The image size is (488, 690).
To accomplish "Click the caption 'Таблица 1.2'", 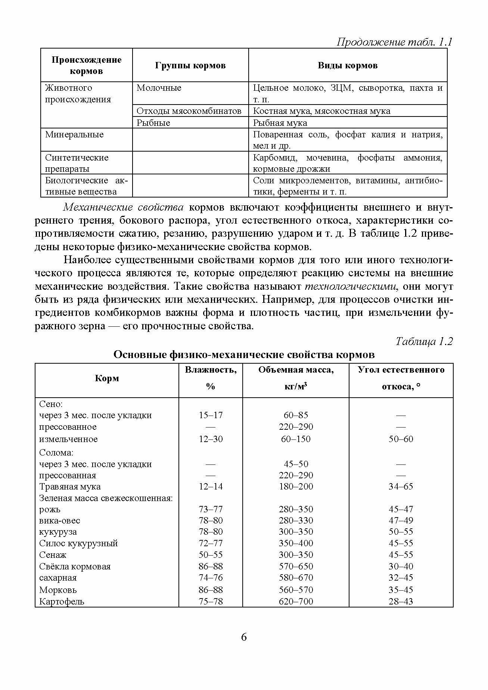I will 424,341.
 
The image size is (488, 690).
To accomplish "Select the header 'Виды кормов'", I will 347,65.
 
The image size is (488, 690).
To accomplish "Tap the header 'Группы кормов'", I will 190,65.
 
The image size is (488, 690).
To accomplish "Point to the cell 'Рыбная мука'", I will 280,123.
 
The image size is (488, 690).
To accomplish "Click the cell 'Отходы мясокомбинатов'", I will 189,111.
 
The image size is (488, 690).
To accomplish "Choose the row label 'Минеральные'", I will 74,134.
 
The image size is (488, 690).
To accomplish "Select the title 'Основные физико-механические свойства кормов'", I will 244,354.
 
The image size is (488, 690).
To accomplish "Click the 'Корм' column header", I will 107,378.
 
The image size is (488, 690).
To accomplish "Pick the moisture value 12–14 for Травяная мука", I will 211,487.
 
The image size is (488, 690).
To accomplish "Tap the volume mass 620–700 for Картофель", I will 296,602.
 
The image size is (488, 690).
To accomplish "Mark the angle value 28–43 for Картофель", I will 401,602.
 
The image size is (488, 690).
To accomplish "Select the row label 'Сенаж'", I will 53,555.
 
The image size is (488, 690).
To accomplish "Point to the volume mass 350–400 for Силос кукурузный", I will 296,543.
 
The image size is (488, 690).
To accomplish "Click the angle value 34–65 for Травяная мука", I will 401,487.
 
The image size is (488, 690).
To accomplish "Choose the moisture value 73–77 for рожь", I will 211,509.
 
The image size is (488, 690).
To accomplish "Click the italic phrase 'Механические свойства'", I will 123,207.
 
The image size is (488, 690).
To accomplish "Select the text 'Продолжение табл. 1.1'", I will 394,42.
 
